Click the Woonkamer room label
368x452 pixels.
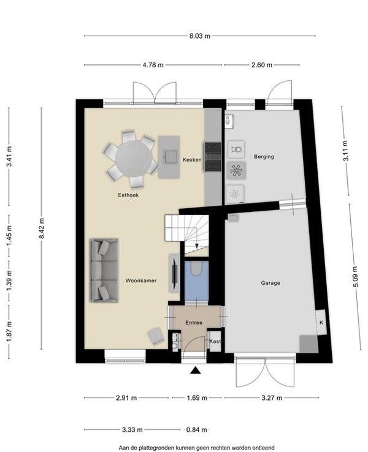point(141,281)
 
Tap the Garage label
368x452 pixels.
point(270,283)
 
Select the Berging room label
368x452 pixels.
point(264,157)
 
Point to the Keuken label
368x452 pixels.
point(192,159)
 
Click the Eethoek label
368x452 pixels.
point(128,195)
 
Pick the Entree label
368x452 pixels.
point(194,323)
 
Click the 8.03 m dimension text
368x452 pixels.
point(200,36)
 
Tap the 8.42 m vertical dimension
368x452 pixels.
point(42,228)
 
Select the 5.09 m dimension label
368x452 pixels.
point(355,277)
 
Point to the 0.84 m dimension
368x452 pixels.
point(196,429)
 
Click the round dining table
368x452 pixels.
point(133,158)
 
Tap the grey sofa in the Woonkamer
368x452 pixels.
point(104,270)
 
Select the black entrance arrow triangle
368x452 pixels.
point(196,371)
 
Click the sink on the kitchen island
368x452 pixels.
point(169,157)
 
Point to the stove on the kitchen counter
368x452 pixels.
point(213,157)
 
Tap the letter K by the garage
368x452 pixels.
point(321,323)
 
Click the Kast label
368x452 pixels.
point(215,341)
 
